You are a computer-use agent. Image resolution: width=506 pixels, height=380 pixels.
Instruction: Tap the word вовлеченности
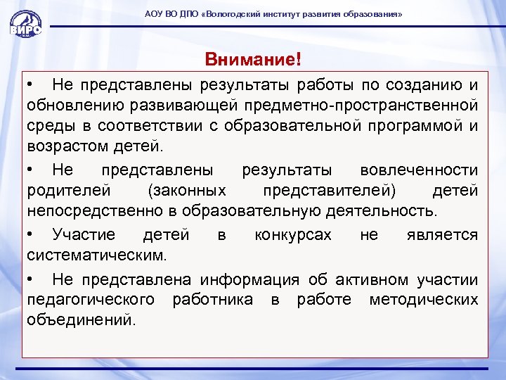(418, 170)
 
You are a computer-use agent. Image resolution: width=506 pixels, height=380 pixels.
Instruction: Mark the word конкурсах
(292, 234)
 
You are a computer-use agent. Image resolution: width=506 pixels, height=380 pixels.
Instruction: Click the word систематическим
(97, 254)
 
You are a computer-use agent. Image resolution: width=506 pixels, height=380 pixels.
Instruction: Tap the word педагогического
(91, 300)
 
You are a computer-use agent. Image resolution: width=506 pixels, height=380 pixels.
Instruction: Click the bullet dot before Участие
(32, 234)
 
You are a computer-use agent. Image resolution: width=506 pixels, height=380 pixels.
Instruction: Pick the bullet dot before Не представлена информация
(32, 280)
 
